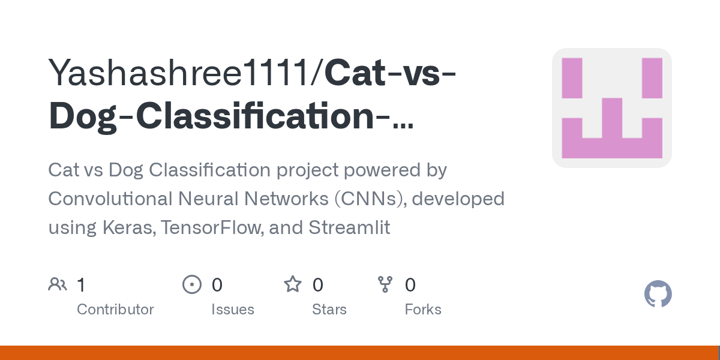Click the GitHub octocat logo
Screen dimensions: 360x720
point(658,295)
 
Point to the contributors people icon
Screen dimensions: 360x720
point(58,284)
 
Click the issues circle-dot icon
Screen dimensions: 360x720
point(192,284)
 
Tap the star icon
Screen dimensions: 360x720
point(293,284)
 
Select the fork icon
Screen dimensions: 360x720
point(385,284)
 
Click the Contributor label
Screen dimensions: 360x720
point(115,310)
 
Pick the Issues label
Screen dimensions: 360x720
point(232,310)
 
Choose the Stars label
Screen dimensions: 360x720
point(329,310)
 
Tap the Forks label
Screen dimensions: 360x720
point(423,310)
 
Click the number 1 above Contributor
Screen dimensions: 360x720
point(81,285)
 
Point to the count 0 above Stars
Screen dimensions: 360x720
point(318,285)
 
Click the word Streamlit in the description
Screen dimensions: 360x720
point(349,227)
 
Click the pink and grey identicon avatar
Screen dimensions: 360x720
point(611,108)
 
